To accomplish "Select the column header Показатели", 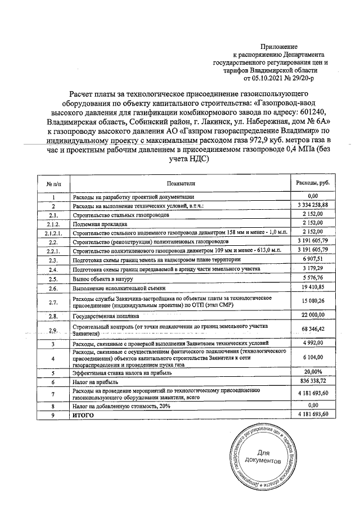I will (180, 183).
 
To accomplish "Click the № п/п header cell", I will (53, 183).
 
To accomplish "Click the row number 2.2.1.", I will (53, 250).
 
